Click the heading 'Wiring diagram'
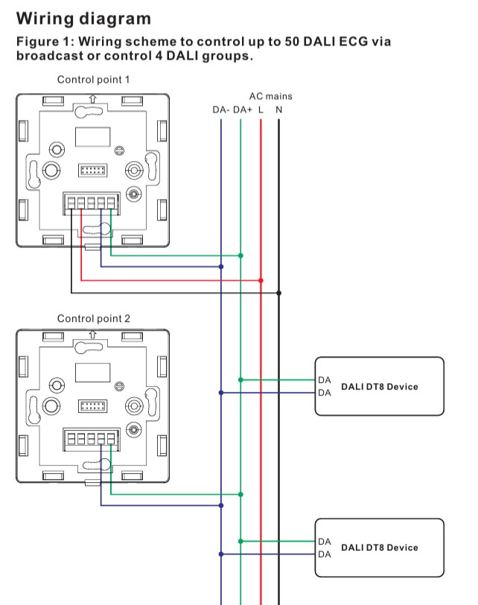point(83,18)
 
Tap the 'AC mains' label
point(271,96)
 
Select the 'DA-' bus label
point(221,110)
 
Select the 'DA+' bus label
point(242,110)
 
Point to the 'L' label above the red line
point(261,110)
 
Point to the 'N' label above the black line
point(278,110)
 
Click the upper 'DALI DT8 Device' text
point(379,387)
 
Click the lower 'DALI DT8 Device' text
point(379,548)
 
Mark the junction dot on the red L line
point(261,280)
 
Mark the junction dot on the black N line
point(278,293)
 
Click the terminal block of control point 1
point(92,202)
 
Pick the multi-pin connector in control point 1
point(92,170)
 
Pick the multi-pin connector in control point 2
point(92,406)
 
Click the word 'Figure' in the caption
point(36,42)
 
